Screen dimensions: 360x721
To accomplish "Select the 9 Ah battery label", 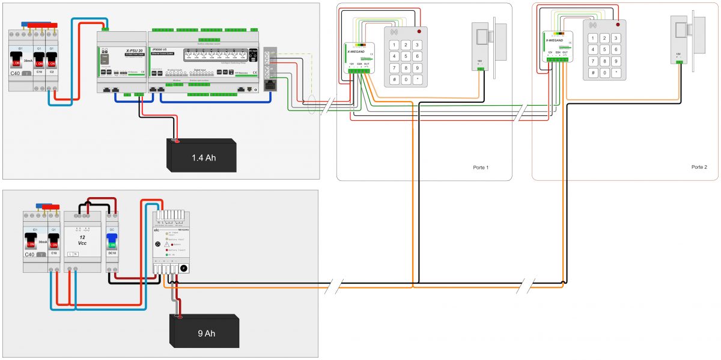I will point(206,333).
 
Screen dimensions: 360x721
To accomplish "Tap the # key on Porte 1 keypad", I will point(394,79).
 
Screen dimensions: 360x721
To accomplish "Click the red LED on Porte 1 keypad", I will point(419,31).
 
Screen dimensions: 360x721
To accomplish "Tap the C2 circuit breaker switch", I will point(52,63).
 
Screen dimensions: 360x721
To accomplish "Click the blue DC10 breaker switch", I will point(112,242).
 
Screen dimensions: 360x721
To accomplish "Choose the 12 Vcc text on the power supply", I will point(82,240).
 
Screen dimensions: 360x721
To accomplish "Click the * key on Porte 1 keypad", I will point(418,79).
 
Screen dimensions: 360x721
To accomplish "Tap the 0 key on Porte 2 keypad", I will point(605,72).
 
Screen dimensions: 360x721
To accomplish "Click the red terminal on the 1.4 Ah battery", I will point(177,141).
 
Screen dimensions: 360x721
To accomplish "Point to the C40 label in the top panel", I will point(16,73).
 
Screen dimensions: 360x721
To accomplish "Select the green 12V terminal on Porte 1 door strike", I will point(480,69).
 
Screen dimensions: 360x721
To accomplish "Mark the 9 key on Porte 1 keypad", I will point(418,67).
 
